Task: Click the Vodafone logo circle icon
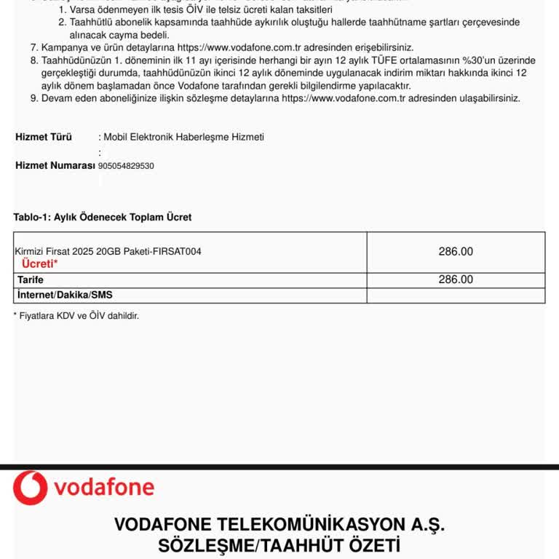coord(30,488)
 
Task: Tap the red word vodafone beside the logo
coord(104,488)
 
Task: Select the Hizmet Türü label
coord(44,137)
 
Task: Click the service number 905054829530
coord(126,166)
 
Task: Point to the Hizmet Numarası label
coord(55,165)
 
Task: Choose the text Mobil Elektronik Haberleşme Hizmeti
coord(183,137)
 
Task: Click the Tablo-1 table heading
coord(103,217)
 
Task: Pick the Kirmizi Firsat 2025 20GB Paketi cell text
coord(108,251)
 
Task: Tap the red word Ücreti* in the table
coord(40,263)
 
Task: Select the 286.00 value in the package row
coord(456,251)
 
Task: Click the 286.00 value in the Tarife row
coord(456,279)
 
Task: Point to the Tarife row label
coord(31,279)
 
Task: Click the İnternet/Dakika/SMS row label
coord(65,295)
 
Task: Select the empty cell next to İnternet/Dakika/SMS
coord(456,295)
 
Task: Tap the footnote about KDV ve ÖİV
coord(76,316)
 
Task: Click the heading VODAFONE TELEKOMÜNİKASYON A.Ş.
coord(279,525)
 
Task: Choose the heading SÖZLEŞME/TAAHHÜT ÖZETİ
coord(279,545)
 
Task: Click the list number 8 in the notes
coord(34,60)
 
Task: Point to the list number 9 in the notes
coord(34,98)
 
